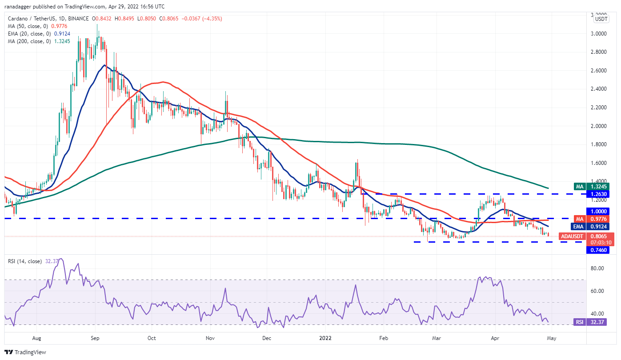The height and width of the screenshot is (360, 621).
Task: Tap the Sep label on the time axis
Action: coord(95,338)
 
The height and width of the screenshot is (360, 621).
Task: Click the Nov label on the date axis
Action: coord(210,338)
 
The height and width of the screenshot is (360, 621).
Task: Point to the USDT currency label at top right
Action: coord(601,19)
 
